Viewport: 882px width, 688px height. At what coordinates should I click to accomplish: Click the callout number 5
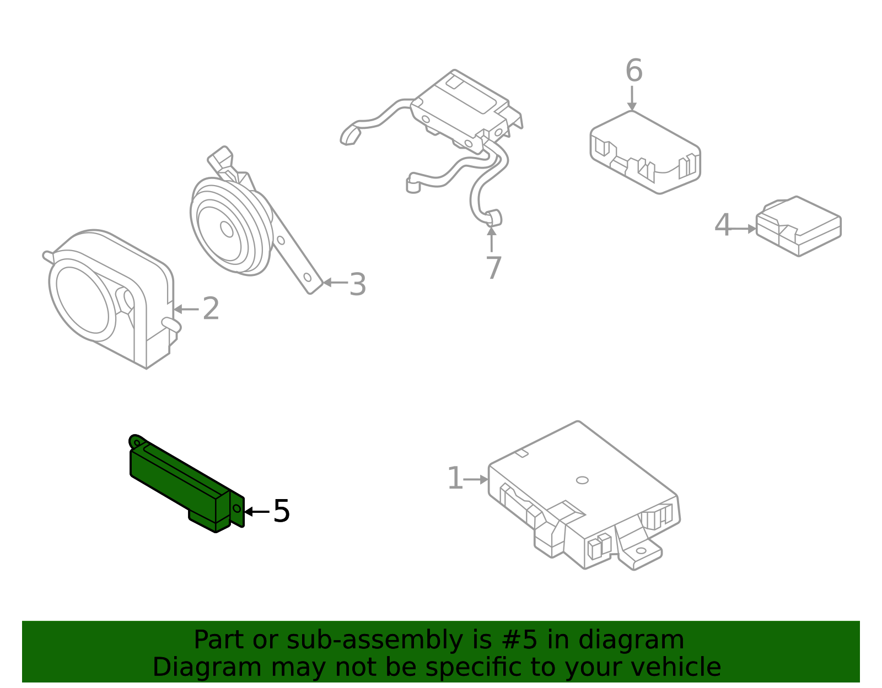281,512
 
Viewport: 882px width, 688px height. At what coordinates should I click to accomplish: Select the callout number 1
455,479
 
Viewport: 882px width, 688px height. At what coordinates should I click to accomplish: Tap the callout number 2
211,309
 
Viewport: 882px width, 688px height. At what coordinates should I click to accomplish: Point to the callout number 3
357,285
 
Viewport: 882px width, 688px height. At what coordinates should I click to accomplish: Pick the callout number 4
722,226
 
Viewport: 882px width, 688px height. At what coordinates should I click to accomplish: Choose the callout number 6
633,71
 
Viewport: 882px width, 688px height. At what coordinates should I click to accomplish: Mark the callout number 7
493,268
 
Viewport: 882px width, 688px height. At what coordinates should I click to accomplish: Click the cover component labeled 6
645,151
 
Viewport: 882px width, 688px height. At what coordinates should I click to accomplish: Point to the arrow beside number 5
256,512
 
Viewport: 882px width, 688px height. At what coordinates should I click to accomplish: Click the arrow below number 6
632,99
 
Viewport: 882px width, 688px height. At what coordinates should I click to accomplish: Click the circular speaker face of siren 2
83,300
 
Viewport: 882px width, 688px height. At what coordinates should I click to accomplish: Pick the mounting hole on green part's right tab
237,508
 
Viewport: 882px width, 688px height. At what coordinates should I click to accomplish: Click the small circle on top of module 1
582,480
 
